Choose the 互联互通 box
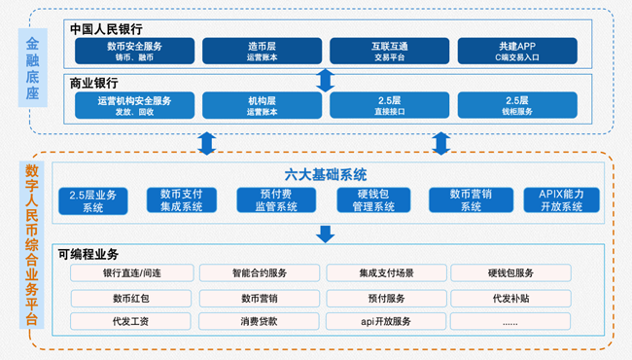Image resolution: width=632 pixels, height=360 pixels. pos(389,51)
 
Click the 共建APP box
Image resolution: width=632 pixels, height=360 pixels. pos(517,51)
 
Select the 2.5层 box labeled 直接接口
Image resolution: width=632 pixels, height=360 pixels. pos(389,105)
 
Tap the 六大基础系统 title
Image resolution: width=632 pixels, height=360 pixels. pos(325,175)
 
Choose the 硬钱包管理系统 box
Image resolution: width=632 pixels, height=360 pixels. pos(370,200)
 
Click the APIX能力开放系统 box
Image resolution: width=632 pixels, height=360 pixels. pos(560,200)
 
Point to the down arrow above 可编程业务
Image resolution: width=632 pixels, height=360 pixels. pos(326,234)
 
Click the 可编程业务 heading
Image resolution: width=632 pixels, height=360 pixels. pos(88,253)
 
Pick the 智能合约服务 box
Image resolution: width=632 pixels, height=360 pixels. pos(259,273)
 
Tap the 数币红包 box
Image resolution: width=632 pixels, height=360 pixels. pos(132,298)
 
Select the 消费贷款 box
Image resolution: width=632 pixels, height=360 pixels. pos(259,321)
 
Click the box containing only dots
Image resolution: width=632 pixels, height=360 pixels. pos(510,321)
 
